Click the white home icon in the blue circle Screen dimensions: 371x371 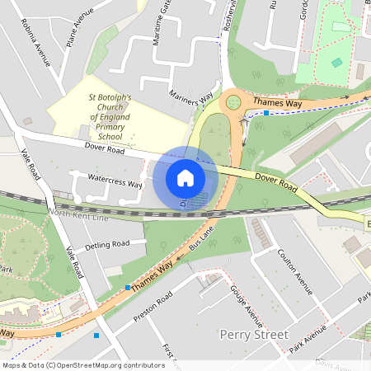[185, 178]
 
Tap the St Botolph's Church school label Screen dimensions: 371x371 [115, 117]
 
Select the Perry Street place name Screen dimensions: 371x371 [255, 335]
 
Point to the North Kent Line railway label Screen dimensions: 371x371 [78, 214]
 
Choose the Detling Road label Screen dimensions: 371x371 [108, 244]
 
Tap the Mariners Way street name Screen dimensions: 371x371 [190, 98]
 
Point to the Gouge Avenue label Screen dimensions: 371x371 [247, 304]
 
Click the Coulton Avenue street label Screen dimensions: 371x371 [296, 270]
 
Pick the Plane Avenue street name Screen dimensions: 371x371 [80, 30]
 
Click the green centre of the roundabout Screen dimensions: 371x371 [233, 101]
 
